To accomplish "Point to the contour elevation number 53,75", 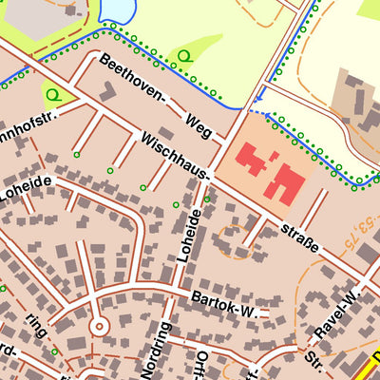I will pos(357,235).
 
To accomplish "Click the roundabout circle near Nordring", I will pos(98,326).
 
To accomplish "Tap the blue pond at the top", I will pos(116,9).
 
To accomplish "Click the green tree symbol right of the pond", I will pos(183,56).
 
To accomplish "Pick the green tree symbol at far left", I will pos(55,93).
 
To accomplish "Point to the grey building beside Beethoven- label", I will pos(105,90).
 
